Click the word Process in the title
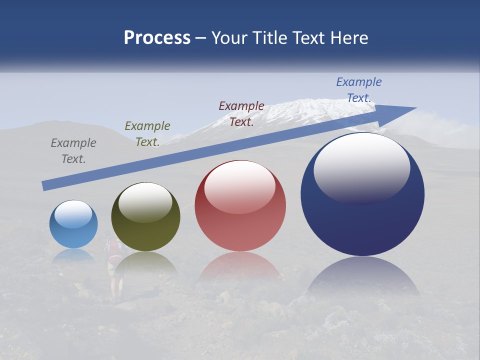(x=157, y=38)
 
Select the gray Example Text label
(x=73, y=151)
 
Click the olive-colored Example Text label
(x=147, y=134)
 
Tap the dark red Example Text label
(x=241, y=113)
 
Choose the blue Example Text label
(x=359, y=90)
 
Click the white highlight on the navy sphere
(x=361, y=165)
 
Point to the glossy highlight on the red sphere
(x=240, y=185)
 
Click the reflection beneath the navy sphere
(x=362, y=277)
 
